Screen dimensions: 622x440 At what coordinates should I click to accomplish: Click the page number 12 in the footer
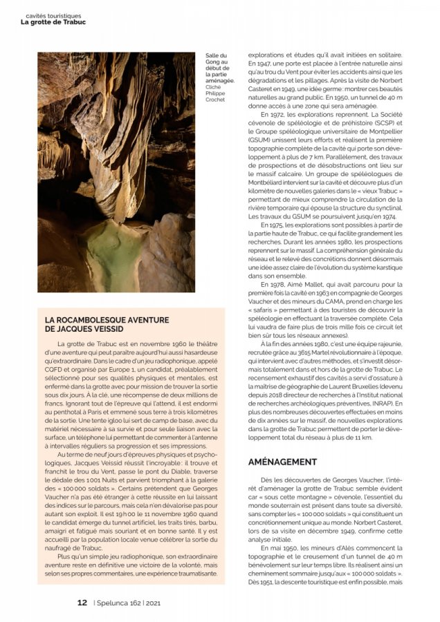coord(82,601)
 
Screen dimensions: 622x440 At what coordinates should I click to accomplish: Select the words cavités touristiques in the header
coord(53,14)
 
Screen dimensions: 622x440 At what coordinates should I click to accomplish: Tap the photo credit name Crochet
coord(215,100)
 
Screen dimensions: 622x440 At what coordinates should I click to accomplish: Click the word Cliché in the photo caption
coord(213,88)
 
